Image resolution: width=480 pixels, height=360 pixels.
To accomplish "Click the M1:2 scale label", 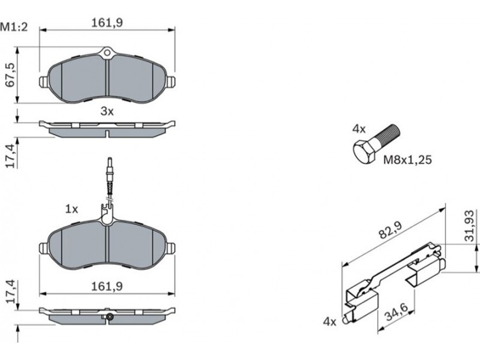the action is [x=14, y=27].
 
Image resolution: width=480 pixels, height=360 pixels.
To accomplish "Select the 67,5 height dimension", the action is [x=11, y=75].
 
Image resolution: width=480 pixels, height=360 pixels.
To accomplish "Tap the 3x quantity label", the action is [x=107, y=112].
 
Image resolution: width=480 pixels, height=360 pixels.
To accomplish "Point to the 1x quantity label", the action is [x=71, y=209].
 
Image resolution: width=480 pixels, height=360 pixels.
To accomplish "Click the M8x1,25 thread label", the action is [x=407, y=160].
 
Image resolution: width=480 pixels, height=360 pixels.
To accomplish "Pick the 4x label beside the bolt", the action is [x=359, y=129].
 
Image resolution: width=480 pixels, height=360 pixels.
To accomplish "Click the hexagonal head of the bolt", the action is [x=364, y=152].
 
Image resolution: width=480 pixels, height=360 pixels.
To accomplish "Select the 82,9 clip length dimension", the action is [x=391, y=230].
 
